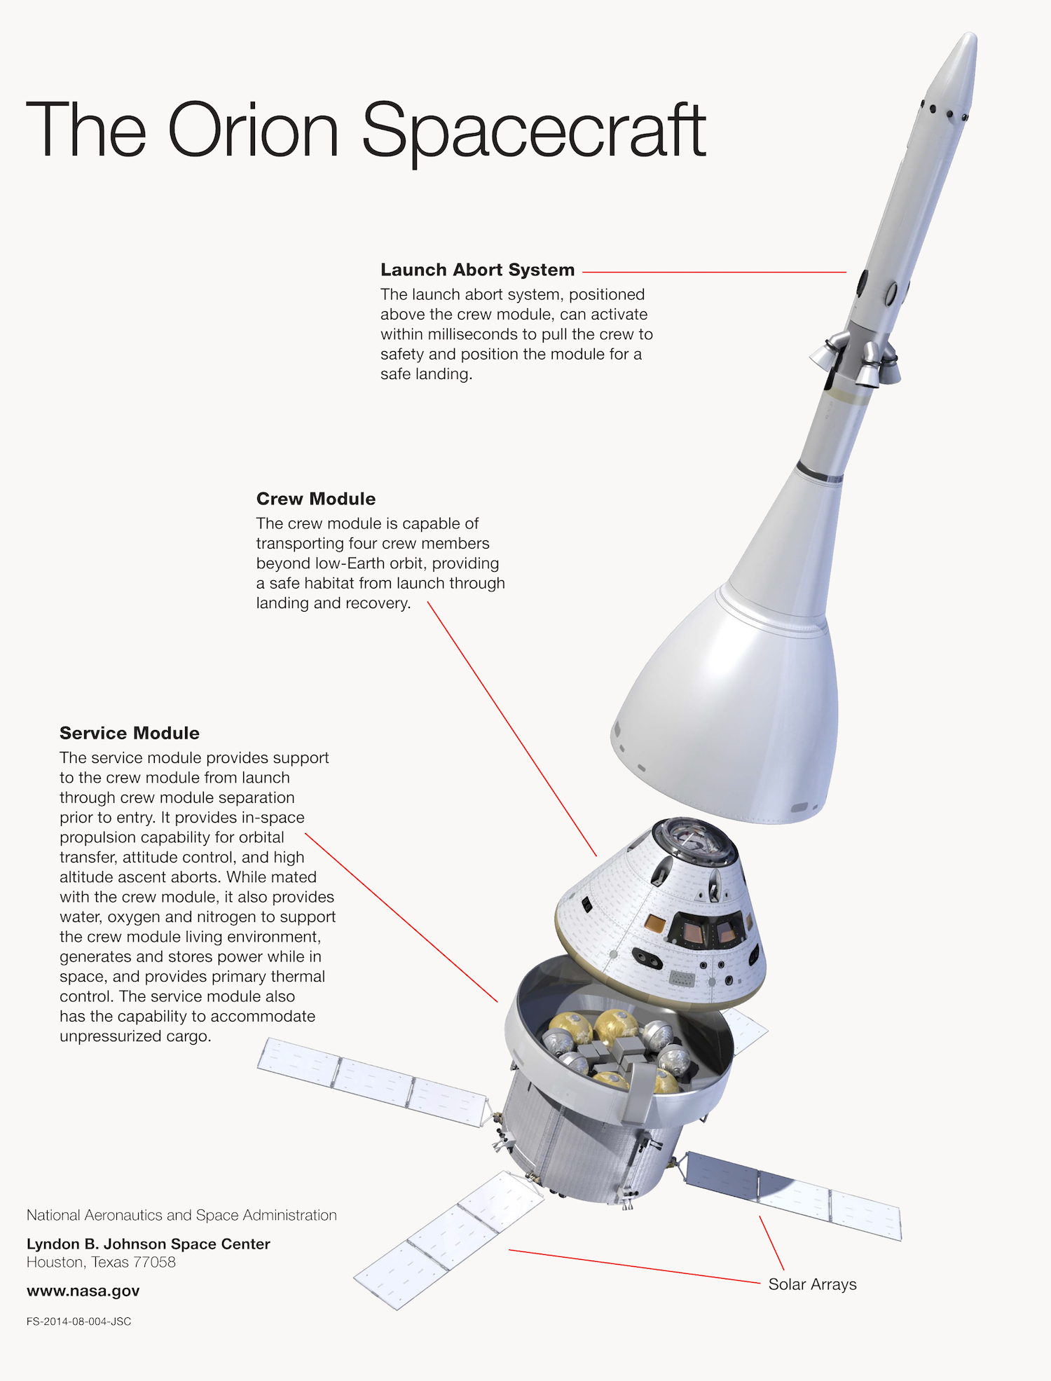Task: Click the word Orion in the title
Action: click(x=253, y=130)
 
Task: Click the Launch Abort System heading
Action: click(x=477, y=270)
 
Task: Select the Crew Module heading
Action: click(x=316, y=499)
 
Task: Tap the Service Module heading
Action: click(x=130, y=733)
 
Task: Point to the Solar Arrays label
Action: click(x=813, y=1284)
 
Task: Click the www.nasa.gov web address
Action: click(x=83, y=1291)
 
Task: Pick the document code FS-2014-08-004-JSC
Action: click(x=78, y=1321)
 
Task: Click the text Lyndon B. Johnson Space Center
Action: click(x=149, y=1244)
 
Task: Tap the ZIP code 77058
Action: click(x=153, y=1262)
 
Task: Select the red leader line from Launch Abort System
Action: click(x=714, y=272)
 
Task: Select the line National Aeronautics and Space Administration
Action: click(x=181, y=1215)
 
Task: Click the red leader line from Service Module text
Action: click(x=401, y=918)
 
